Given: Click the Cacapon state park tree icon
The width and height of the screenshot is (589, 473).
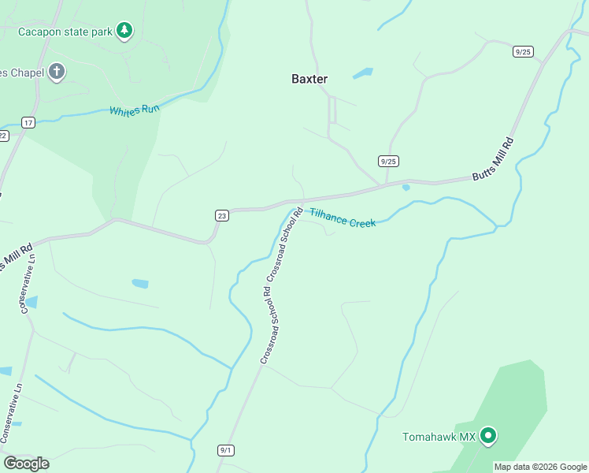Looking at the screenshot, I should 124,31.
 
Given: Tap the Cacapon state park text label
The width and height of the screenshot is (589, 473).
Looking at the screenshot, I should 65,32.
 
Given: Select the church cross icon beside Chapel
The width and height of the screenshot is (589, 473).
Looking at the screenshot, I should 56,72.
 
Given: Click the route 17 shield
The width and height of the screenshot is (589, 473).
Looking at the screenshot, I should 28,122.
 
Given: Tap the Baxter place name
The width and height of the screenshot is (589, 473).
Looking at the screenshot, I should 309,79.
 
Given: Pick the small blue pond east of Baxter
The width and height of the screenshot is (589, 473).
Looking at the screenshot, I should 362,74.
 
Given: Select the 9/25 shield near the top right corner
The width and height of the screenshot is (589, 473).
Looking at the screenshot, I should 523,51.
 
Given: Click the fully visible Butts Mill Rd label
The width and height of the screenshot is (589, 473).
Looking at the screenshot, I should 494,160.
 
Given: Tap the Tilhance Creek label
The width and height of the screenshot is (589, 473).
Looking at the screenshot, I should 342,218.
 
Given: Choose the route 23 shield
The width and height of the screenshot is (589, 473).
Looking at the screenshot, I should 222,215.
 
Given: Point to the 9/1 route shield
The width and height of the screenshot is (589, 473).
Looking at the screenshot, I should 226,450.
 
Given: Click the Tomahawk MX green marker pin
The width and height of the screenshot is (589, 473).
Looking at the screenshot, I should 488,435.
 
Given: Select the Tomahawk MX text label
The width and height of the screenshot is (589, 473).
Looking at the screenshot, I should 439,437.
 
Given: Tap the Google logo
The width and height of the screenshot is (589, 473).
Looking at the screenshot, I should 26,463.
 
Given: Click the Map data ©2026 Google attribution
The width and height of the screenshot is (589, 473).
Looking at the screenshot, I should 540,467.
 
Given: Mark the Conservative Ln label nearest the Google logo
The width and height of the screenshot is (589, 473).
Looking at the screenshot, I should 9,413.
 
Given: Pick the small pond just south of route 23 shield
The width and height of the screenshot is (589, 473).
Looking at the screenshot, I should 140,283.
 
